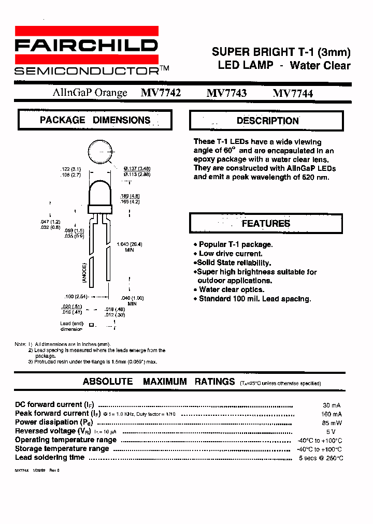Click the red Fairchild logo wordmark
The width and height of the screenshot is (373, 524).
pos(86,46)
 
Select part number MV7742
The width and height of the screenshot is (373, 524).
pos(161,93)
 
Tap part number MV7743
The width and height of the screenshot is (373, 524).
pos(226,93)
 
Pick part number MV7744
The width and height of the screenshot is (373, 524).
pos(293,93)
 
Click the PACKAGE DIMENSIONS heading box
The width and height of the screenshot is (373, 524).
pos(95,120)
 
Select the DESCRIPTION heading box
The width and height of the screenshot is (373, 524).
pos(267,121)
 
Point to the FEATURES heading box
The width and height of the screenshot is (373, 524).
pos(266,224)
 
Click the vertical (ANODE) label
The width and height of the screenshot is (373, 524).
pos(84,272)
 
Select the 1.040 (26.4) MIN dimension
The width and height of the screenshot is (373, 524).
pos(129,246)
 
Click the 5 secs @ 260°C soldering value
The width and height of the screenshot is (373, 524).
pos(321,458)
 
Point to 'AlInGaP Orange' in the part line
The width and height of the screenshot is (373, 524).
pos(90,93)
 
